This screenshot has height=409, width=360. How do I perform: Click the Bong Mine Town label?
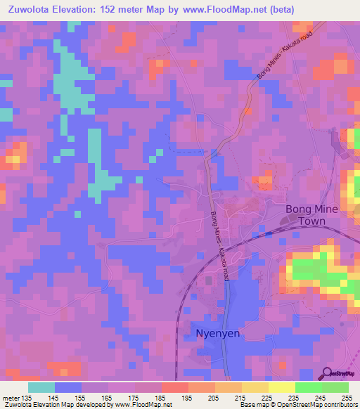(311, 215)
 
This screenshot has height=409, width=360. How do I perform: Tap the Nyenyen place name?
(217, 334)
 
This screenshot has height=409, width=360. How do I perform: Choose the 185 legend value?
(162, 398)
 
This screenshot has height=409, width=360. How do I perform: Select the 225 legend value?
(266, 398)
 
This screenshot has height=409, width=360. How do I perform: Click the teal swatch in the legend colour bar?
(41, 387)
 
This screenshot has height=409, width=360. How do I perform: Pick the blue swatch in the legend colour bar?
(68, 387)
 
